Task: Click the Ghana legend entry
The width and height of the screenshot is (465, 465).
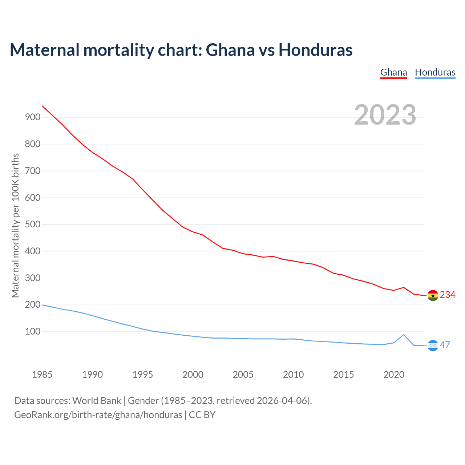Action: pyautogui.click(x=393, y=72)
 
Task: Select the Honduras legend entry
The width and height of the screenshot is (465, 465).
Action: pyautogui.click(x=435, y=72)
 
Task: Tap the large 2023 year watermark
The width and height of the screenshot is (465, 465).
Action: pyautogui.click(x=385, y=115)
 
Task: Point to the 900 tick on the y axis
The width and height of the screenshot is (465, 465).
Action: pyautogui.click(x=32, y=117)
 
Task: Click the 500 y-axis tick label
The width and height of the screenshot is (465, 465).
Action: pyautogui.click(x=32, y=224)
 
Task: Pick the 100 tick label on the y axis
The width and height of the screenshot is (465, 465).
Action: pyautogui.click(x=32, y=331)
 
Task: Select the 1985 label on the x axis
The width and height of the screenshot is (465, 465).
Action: pyautogui.click(x=42, y=375)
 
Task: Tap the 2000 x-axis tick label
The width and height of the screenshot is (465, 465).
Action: pyautogui.click(x=193, y=375)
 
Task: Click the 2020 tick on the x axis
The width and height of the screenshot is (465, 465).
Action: pyautogui.click(x=394, y=375)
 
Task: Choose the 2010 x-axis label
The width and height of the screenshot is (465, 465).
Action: pyautogui.click(x=293, y=375)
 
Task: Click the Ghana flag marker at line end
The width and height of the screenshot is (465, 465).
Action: pyautogui.click(x=433, y=295)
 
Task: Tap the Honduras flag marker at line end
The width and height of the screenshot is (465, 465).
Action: pyautogui.click(x=433, y=345)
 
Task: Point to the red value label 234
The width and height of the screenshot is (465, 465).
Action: pyautogui.click(x=448, y=295)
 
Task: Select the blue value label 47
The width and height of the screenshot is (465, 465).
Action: pyautogui.click(x=445, y=345)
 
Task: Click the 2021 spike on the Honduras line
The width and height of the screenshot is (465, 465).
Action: pyautogui.click(x=404, y=335)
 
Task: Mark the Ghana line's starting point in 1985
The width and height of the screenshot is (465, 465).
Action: pyautogui.click(x=43, y=106)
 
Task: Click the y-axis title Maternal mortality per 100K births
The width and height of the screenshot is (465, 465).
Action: pyautogui.click(x=15, y=225)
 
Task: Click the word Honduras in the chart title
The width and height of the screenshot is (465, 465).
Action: pyautogui.click(x=315, y=50)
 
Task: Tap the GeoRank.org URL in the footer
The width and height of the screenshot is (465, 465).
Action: pyautogui.click(x=98, y=415)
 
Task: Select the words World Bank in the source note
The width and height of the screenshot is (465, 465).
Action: pyautogui.click(x=97, y=401)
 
